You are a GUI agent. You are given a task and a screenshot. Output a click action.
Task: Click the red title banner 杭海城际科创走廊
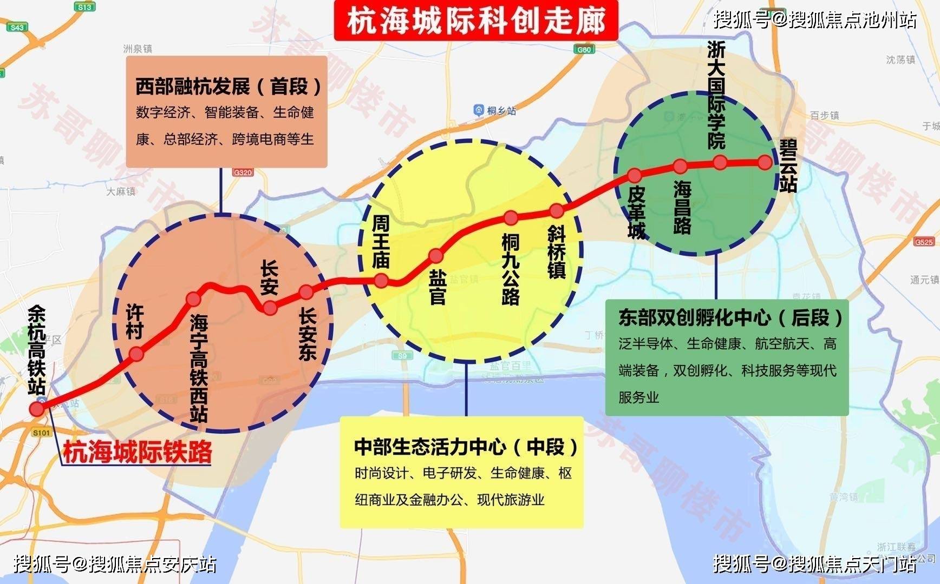coord(476,22)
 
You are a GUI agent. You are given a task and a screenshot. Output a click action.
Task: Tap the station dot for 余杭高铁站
coord(37,408)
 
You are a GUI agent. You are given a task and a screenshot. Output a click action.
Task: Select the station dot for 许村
coord(136,354)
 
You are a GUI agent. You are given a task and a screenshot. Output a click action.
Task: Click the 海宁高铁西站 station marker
coord(193,299)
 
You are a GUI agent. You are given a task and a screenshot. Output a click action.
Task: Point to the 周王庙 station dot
coord(381,280)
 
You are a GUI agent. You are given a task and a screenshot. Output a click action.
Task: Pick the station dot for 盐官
coord(436,255)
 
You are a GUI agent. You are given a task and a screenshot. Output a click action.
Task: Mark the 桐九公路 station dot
coord(511,217)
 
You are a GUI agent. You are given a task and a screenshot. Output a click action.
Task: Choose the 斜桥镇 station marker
coord(556,210)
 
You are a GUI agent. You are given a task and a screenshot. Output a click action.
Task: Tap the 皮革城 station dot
coord(634,175)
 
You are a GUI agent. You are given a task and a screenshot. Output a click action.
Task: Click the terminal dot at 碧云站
coord(765,162)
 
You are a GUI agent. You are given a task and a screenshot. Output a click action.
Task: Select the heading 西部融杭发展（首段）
coord(227,87)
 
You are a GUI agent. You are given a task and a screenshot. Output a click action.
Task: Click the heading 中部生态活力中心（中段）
coord(466,447)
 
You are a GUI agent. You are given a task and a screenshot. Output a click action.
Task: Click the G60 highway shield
coord(585,49)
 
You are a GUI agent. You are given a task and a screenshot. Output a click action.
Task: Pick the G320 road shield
coord(243,172)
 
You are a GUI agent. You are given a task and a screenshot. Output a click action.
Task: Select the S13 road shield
coord(84,7)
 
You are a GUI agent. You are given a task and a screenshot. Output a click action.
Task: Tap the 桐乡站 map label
coord(495,111)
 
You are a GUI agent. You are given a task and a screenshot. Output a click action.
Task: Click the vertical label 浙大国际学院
coord(716,96)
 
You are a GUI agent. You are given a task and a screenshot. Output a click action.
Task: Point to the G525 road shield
coord(923,242)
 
